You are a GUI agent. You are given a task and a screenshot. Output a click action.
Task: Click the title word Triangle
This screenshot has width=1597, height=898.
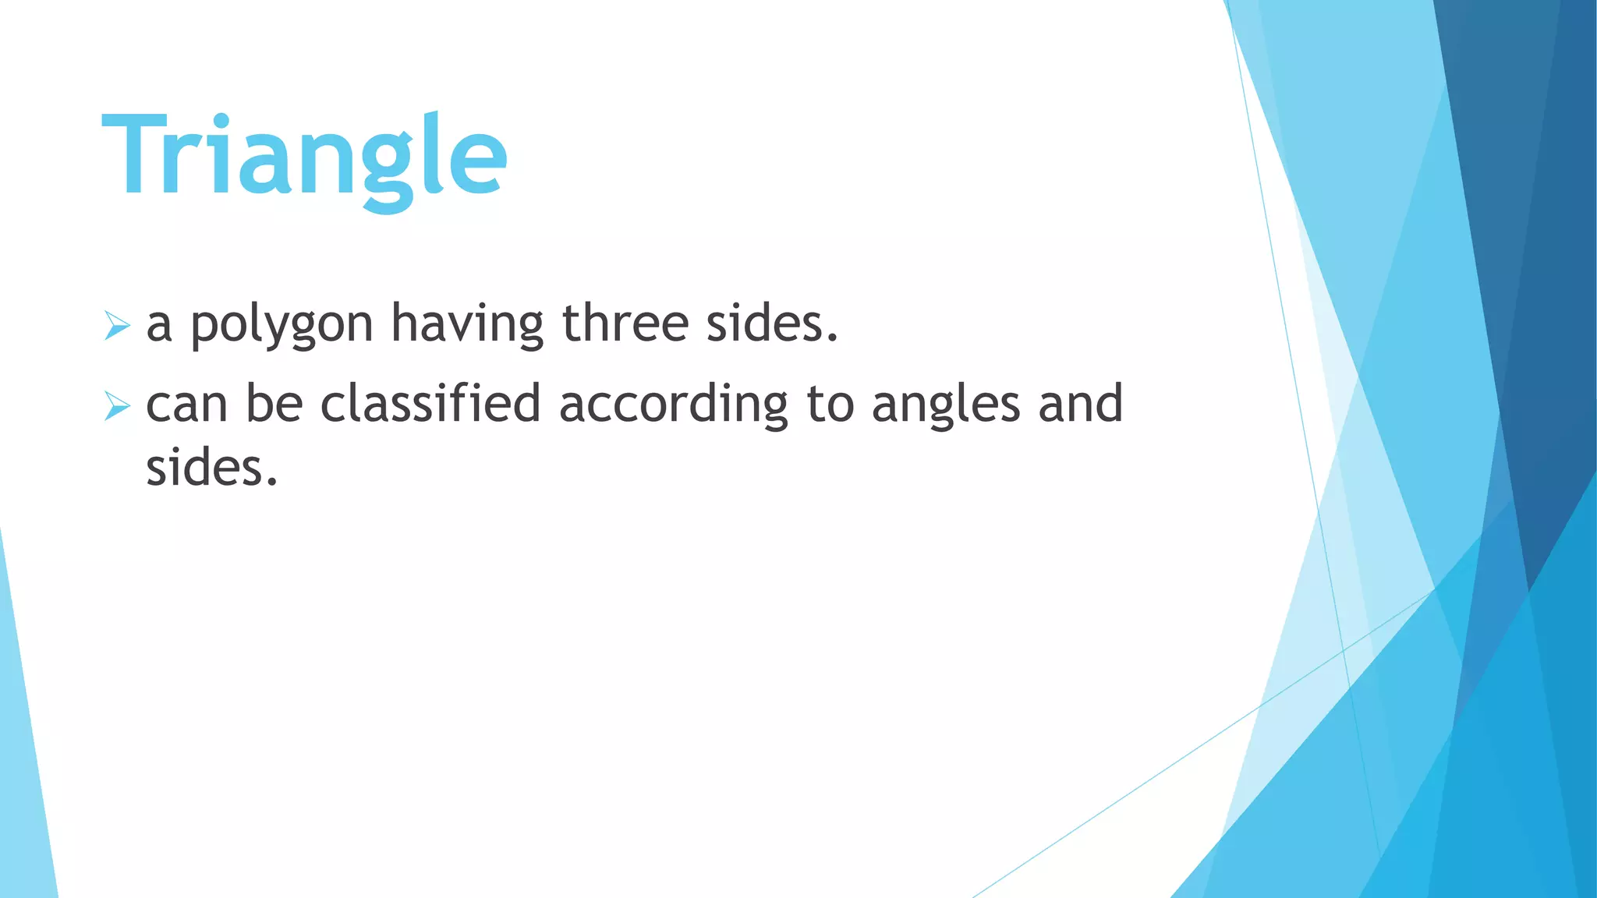[304, 156]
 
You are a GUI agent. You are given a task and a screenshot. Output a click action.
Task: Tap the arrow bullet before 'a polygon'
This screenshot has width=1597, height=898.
[116, 325]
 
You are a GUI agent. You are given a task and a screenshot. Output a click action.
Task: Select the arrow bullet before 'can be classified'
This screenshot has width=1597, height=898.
[116, 406]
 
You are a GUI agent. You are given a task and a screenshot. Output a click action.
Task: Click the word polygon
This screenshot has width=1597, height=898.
[282, 325]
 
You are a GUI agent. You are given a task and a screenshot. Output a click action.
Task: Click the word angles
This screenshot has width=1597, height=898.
[946, 405]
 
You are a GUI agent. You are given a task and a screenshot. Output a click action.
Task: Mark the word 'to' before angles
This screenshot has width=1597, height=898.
[830, 405]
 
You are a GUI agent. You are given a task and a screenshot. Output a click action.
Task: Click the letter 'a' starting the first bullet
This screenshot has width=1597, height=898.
[159, 325]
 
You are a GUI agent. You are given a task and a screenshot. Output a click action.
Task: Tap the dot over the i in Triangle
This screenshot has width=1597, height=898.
[221, 121]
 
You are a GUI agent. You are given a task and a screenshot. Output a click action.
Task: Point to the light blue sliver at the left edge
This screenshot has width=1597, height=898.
[23, 780]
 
